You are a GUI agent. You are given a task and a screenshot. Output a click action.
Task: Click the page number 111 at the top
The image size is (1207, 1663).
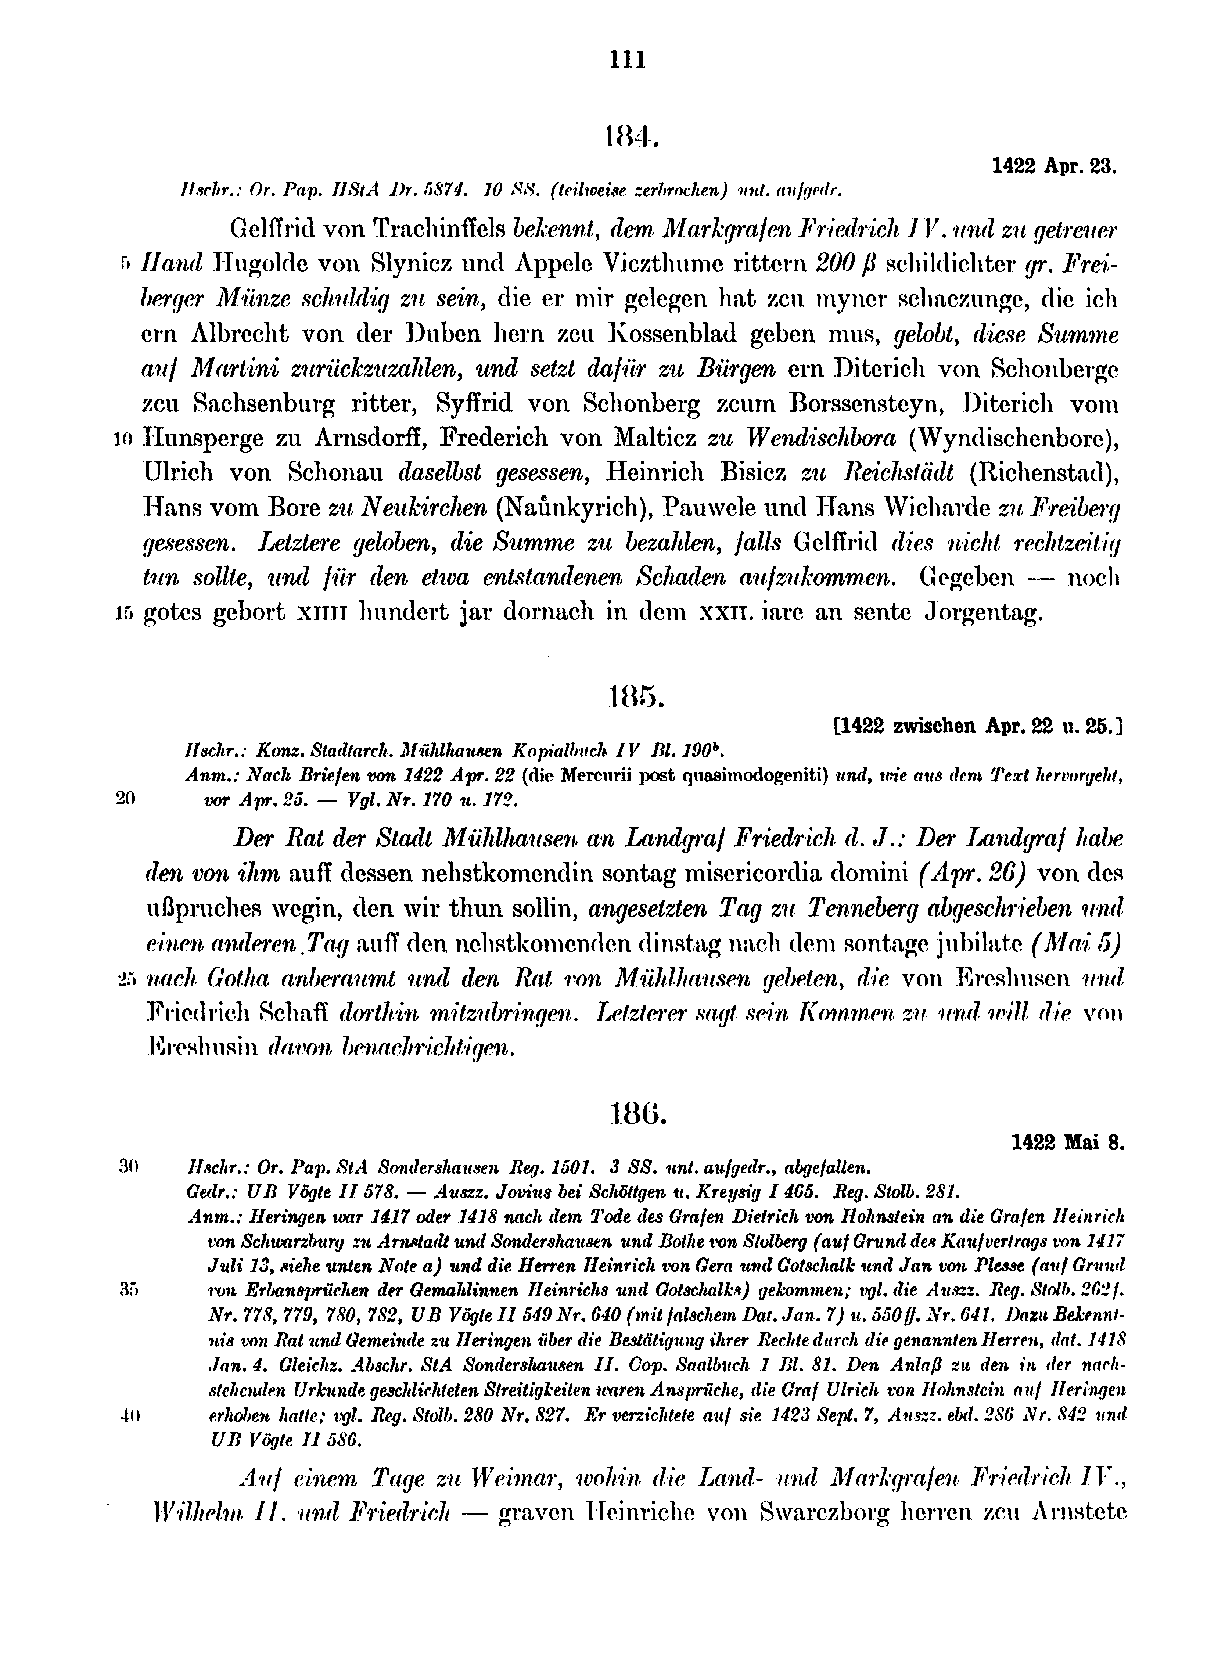[628, 59]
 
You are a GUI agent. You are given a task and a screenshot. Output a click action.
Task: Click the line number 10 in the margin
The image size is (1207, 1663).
[122, 439]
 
